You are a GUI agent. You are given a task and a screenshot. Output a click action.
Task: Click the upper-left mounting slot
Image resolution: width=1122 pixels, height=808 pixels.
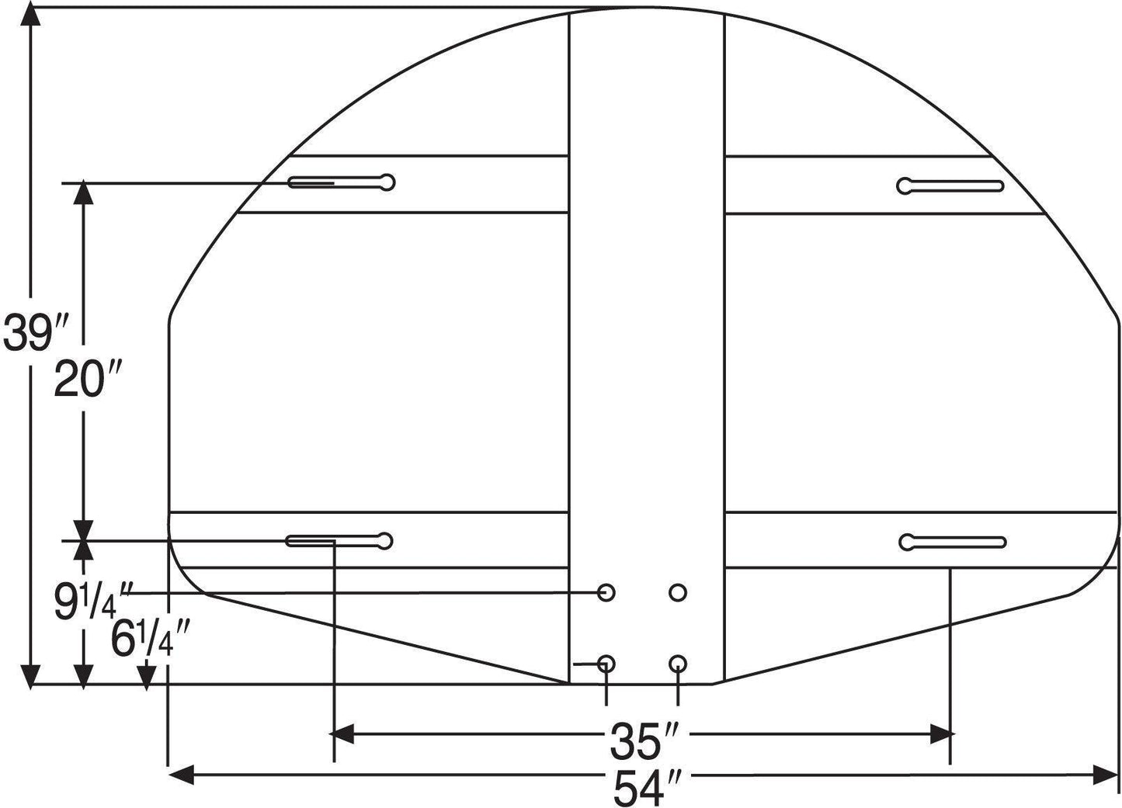[342, 182]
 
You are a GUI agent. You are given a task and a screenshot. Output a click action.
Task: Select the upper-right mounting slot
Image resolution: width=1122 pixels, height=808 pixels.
[950, 186]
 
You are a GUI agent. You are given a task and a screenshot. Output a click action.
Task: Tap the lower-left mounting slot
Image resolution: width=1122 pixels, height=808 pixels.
[339, 541]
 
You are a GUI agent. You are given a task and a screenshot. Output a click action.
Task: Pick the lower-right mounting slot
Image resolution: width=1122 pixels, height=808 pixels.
[953, 542]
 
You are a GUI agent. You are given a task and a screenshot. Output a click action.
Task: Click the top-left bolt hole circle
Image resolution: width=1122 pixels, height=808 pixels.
[607, 593]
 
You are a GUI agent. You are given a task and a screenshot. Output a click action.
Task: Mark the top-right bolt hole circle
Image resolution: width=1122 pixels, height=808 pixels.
[678, 593]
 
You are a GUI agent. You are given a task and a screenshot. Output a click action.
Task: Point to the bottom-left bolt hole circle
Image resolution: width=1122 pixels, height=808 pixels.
[607, 664]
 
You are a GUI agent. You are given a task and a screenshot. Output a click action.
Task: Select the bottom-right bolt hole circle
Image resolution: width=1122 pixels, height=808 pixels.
[678, 664]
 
